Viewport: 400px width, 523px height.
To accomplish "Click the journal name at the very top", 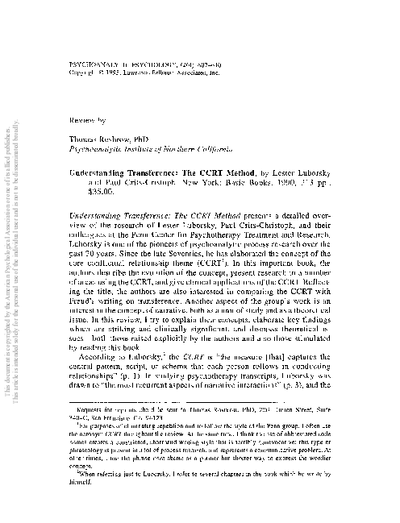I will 144,60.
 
